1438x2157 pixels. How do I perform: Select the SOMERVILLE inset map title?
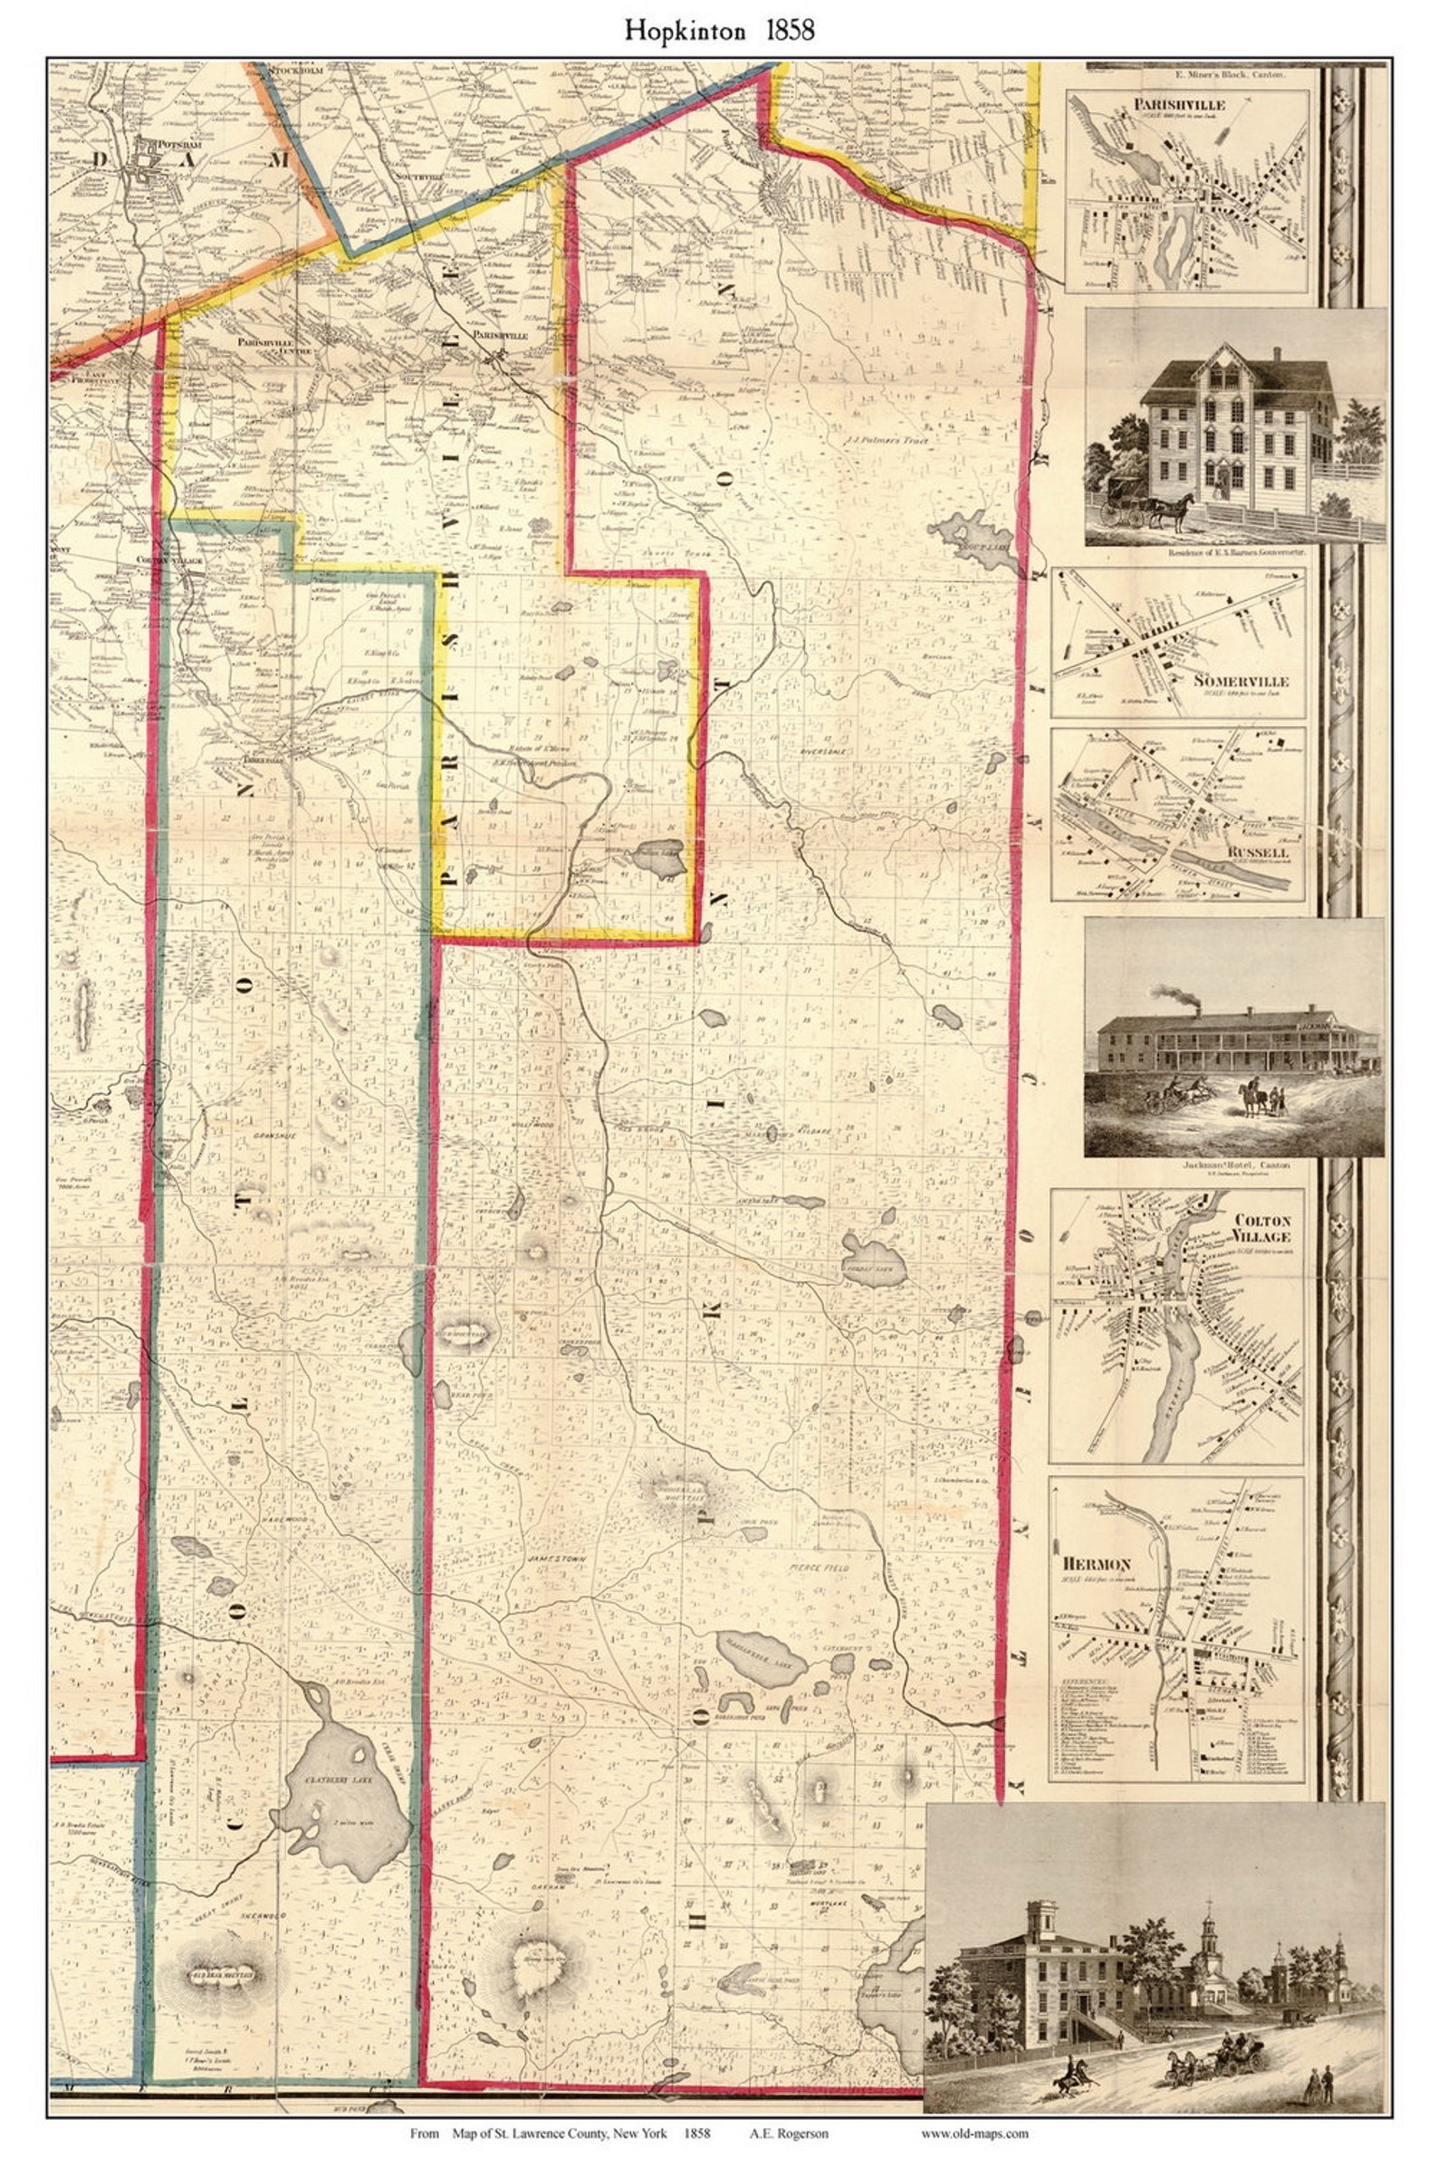point(1241,681)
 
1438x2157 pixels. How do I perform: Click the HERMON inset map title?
point(1097,1564)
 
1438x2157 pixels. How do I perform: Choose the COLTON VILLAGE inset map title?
point(1262,1228)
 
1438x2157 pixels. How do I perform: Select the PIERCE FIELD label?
point(819,1568)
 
